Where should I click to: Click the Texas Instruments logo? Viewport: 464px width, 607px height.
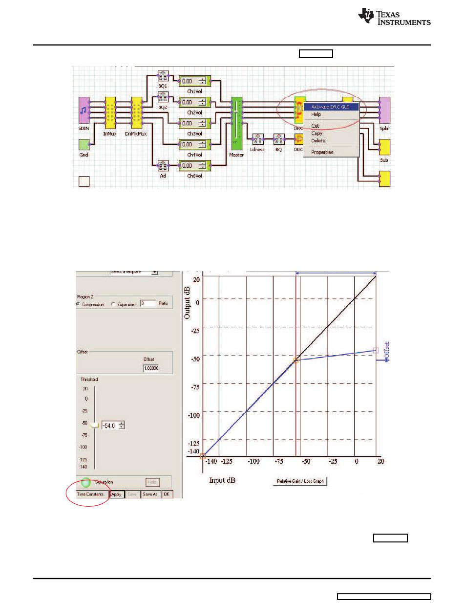click(x=394, y=18)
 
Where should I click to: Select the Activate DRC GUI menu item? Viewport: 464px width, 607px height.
click(x=331, y=106)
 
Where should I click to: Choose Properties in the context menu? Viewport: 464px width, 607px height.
click(x=322, y=152)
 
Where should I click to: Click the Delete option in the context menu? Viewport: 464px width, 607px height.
click(x=318, y=141)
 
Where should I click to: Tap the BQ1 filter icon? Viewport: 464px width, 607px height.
click(x=163, y=76)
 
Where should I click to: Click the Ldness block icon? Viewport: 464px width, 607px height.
click(x=257, y=139)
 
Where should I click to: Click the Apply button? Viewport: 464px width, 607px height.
click(x=116, y=495)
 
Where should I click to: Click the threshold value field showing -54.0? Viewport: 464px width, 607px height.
click(x=109, y=426)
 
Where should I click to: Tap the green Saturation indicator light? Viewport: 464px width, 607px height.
click(x=86, y=482)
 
